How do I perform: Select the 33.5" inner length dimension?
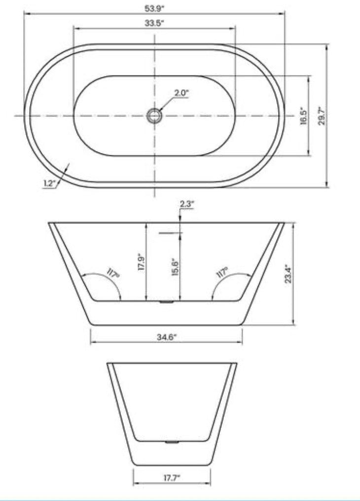[154, 23]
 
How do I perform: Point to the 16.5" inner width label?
[304, 116]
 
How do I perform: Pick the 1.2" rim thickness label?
[50, 183]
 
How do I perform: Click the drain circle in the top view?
[154, 116]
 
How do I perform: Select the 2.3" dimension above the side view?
[187, 204]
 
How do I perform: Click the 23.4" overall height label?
[288, 273]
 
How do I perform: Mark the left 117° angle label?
[113, 273]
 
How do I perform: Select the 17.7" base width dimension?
[172, 477]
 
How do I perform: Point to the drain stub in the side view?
[167, 301]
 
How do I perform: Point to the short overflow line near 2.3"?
[171, 232]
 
